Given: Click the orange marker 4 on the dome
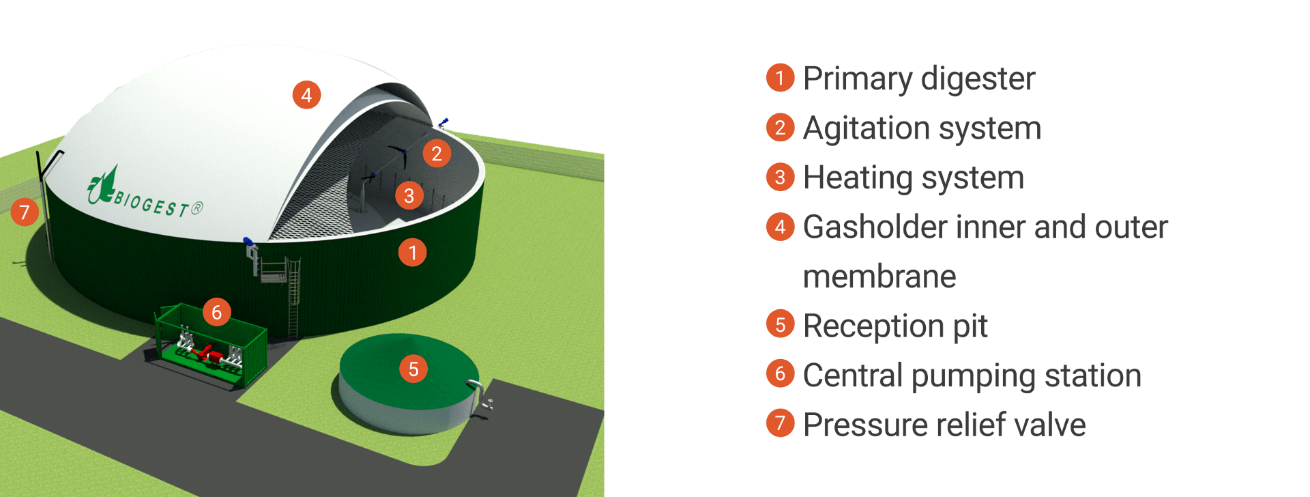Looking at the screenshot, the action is click(x=306, y=95).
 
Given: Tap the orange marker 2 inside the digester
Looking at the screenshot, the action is click(x=437, y=154).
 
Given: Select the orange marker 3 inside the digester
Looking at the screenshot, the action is click(x=409, y=196).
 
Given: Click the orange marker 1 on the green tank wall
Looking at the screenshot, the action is click(x=412, y=253).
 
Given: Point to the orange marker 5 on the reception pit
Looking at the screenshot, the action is click(x=413, y=369).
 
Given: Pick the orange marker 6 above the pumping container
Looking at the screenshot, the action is click(x=216, y=312).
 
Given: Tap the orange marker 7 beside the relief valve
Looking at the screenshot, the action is click(x=25, y=212).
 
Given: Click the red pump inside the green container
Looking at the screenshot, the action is click(x=205, y=352).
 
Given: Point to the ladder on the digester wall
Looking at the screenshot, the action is click(x=293, y=297).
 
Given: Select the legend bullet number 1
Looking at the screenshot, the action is click(x=780, y=78).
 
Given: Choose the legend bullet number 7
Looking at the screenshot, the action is click(x=780, y=423).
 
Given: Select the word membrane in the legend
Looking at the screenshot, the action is click(x=879, y=276).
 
